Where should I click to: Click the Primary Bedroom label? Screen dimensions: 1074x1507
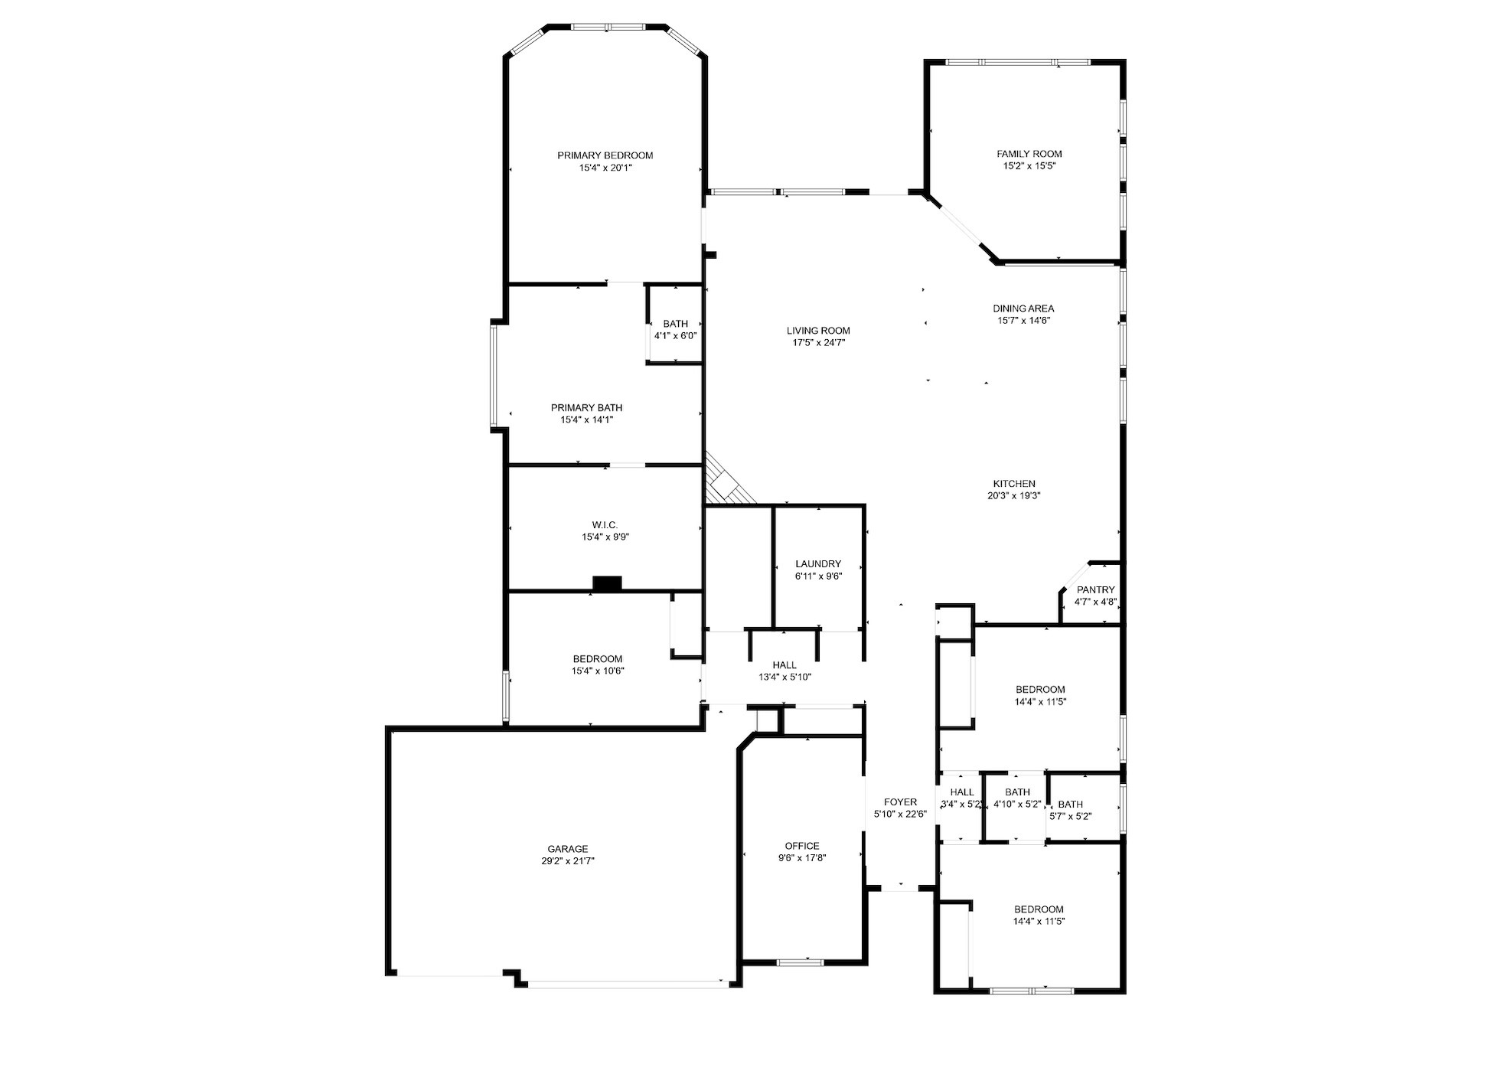(605, 155)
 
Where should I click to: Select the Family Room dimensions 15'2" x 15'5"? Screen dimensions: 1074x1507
(1029, 166)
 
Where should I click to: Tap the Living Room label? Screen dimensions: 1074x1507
(818, 331)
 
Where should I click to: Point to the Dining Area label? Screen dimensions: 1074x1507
(1023, 308)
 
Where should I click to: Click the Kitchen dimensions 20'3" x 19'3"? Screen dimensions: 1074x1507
(1013, 496)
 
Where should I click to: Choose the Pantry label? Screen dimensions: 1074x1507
(1095, 589)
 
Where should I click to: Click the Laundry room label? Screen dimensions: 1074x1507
(817, 563)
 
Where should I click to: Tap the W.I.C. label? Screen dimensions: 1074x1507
(604, 524)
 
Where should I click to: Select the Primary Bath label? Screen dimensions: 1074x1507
(586, 408)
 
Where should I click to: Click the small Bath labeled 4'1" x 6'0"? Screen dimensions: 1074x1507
(675, 330)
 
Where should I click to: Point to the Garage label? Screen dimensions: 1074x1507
(567, 849)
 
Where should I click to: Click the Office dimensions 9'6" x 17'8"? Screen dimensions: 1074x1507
(801, 858)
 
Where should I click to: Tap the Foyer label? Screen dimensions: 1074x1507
(900, 802)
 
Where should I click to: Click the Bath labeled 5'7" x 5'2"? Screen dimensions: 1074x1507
(1070, 810)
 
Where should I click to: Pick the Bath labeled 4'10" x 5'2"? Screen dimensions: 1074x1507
(1017, 798)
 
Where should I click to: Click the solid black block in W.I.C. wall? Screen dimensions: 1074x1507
(607, 583)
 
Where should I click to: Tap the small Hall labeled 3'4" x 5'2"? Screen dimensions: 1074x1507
(961, 798)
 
